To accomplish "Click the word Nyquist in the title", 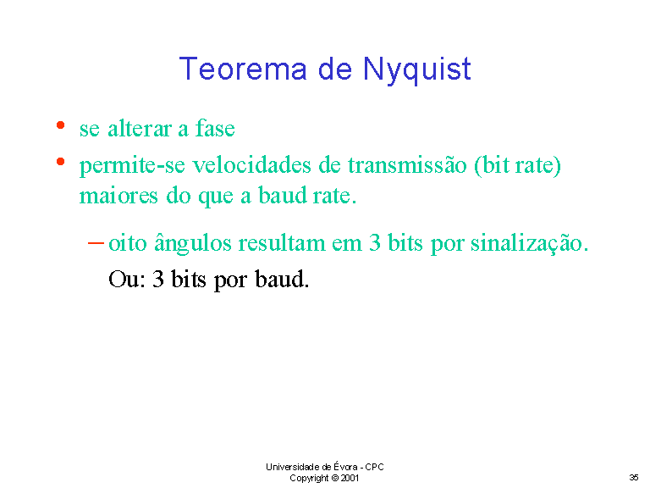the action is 417,70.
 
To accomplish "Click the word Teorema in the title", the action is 244,69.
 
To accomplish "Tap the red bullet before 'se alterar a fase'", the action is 61,125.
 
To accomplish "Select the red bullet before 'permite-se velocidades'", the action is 61,162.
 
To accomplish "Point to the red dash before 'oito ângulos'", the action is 96,243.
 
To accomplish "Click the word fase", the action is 215,128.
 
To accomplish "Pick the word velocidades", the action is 252,164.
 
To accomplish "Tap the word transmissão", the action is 407,164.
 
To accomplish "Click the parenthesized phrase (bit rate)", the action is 518,165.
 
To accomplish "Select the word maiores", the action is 118,196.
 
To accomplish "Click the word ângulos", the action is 193,243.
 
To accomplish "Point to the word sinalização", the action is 529,243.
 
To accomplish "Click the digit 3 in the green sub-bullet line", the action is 375,243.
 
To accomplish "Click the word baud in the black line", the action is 282,279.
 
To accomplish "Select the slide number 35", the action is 634,478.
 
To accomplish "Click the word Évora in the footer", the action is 345,467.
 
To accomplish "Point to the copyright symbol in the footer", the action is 335,478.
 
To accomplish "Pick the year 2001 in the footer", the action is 350,478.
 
